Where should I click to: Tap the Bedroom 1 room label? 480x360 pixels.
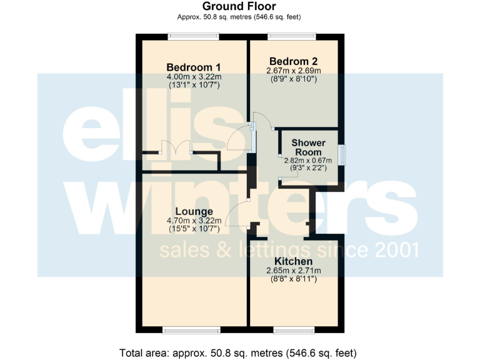193,67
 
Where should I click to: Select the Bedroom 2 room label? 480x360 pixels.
294,61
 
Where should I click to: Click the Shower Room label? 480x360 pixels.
308,147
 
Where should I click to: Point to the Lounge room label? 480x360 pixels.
194,211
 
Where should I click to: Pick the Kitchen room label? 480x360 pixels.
293,261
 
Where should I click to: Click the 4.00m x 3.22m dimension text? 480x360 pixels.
194,77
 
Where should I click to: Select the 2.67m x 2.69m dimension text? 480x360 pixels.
294,71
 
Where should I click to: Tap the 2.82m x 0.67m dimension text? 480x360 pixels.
308,160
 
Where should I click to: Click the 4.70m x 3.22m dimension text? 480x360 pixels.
194,221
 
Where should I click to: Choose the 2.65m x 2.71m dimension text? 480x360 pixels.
293,270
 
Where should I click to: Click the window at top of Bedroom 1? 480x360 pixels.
193,36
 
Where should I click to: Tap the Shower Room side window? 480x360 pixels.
341,155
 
